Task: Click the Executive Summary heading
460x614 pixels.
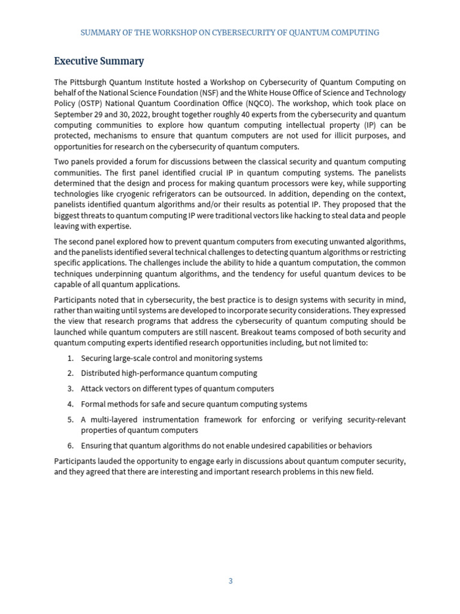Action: pos(99,61)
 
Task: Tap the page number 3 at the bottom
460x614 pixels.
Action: pos(230,581)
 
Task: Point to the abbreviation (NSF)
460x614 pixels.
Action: pos(227,93)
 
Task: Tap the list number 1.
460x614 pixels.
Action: pos(70,359)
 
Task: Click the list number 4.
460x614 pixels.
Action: pos(70,404)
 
